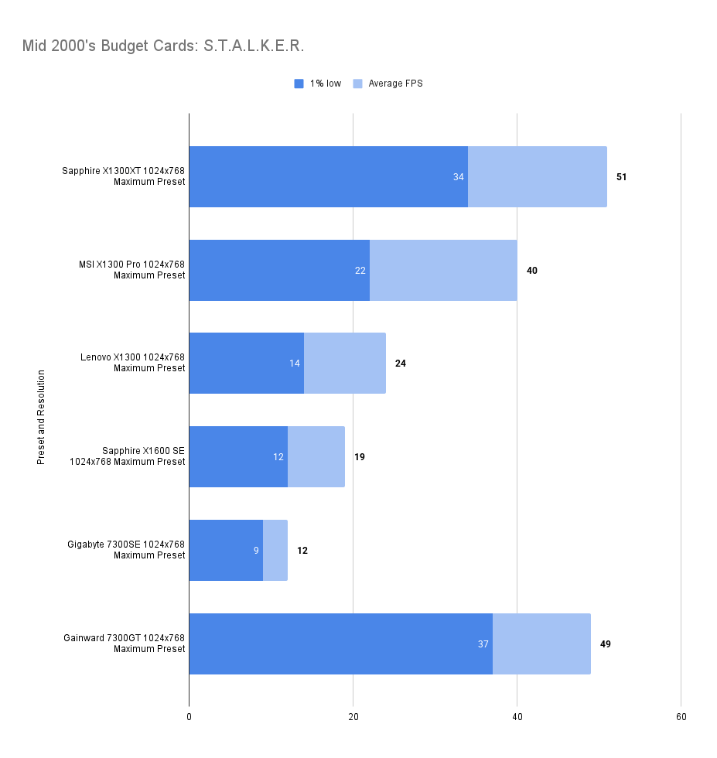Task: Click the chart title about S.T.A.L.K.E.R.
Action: pyautogui.click(x=163, y=46)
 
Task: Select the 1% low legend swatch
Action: pyautogui.click(x=299, y=84)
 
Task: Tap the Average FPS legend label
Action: pyautogui.click(x=395, y=84)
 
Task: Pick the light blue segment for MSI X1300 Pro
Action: pyautogui.click(x=443, y=271)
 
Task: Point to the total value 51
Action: pyautogui.click(x=621, y=177)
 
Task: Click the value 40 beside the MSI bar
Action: pyautogui.click(x=531, y=271)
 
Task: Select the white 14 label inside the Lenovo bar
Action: pyautogui.click(x=295, y=364)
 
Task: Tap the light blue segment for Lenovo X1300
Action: pyautogui.click(x=345, y=364)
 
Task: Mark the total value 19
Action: pyautogui.click(x=360, y=457)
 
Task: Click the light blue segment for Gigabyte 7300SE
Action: pyautogui.click(x=275, y=551)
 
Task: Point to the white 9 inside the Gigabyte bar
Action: pyautogui.click(x=256, y=551)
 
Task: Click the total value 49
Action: pyautogui.click(x=605, y=644)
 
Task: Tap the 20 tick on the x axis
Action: pyautogui.click(x=353, y=717)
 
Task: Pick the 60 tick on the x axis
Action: pyautogui.click(x=681, y=717)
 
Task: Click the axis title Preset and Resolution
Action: pyautogui.click(x=41, y=417)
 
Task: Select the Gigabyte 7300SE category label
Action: pyautogui.click(x=126, y=550)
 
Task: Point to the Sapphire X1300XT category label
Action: pyautogui.click(x=124, y=176)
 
